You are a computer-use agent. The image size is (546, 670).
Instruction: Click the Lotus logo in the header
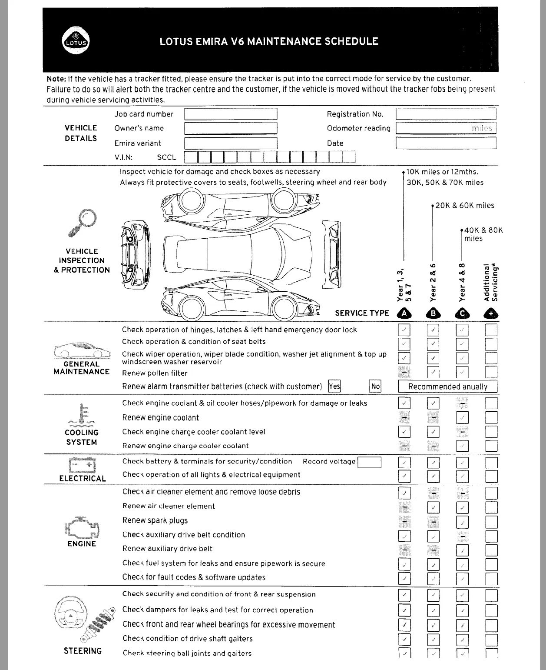pyautogui.click(x=76, y=42)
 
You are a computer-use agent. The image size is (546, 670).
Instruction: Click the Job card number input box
pyautogui.click(x=231, y=114)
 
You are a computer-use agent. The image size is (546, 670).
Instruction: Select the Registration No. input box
pyautogui.click(x=446, y=114)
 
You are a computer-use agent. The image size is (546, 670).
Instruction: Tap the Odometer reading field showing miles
pyautogui.click(x=446, y=128)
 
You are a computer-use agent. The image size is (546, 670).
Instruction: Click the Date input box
pyautogui.click(x=446, y=143)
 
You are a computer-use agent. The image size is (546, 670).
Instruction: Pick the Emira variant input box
pyautogui.click(x=231, y=143)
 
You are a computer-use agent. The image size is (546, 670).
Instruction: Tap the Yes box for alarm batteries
pyautogui.click(x=334, y=386)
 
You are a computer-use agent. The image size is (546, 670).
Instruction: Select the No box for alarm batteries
pyautogui.click(x=375, y=386)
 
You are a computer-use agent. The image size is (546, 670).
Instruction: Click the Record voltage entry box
pyautogui.click(x=369, y=462)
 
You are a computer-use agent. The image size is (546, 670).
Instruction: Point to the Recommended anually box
pyautogui.click(x=447, y=387)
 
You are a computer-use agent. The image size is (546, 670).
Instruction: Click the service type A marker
pyautogui.click(x=404, y=313)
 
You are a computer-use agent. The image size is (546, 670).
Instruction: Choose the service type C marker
pyautogui.click(x=462, y=313)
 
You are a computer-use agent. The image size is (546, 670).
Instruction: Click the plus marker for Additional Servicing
pyautogui.click(x=491, y=313)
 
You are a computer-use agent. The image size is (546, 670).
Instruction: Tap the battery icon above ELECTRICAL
pyautogui.click(x=82, y=465)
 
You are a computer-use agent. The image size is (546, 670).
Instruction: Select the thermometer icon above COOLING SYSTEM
pyautogui.click(x=82, y=415)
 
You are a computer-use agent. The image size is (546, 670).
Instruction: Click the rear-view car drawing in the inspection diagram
pyautogui.click(x=331, y=254)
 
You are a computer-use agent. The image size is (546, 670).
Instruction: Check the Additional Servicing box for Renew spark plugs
pyautogui.click(x=491, y=522)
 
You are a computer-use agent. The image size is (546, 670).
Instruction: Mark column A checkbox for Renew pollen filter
pyautogui.click(x=404, y=372)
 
